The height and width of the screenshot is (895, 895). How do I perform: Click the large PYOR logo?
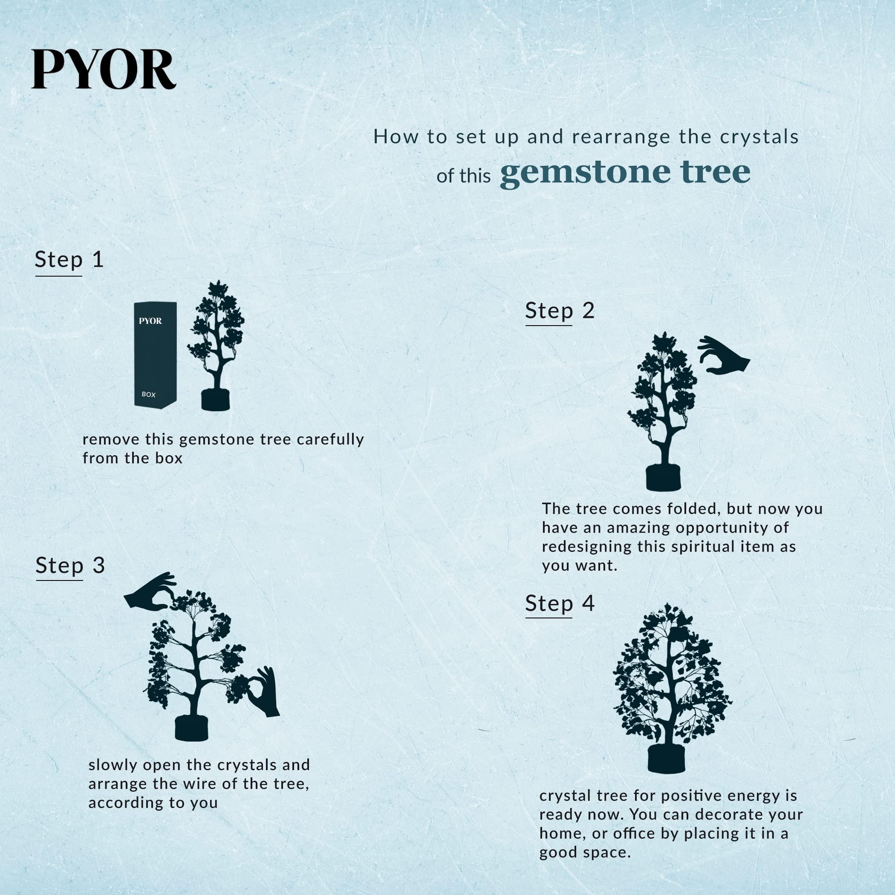(103, 69)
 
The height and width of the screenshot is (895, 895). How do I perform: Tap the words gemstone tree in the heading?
(625, 172)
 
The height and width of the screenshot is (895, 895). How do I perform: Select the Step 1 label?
(69, 260)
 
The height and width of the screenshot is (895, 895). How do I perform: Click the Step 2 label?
(560, 310)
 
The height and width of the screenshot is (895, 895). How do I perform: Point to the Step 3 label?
(70, 566)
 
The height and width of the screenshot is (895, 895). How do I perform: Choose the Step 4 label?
(560, 603)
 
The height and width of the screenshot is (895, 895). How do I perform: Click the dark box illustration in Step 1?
(155, 356)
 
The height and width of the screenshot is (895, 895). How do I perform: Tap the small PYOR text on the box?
(150, 321)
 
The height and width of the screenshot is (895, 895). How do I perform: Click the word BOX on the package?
(149, 394)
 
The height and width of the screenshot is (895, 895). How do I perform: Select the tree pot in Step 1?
(215, 400)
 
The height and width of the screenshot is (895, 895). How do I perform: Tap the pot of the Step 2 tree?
(664, 478)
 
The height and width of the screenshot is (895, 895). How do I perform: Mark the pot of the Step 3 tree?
(191, 729)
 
